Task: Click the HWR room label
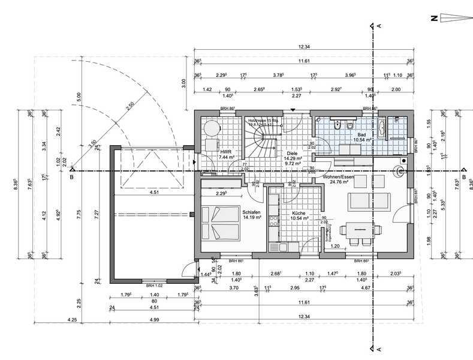pos(226,152)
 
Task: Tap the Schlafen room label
pos(251,212)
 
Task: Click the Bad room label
pos(362,135)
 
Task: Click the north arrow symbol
pos(453,19)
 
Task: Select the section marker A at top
pos(379,26)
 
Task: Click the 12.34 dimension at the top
pos(305,47)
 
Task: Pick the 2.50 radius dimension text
pos(130,106)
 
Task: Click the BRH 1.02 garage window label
pos(154,286)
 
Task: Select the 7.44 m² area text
pos(226,158)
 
